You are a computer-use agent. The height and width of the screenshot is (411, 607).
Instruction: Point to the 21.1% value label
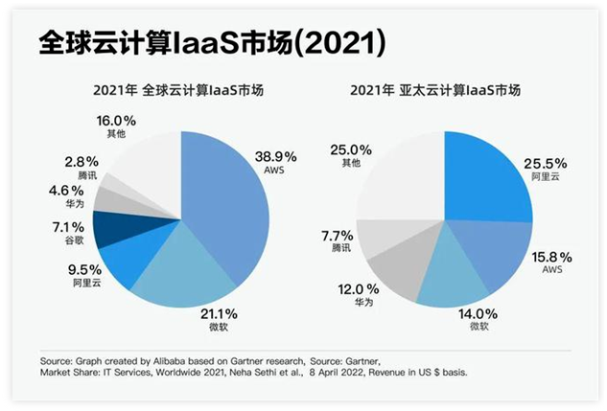click(x=218, y=313)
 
